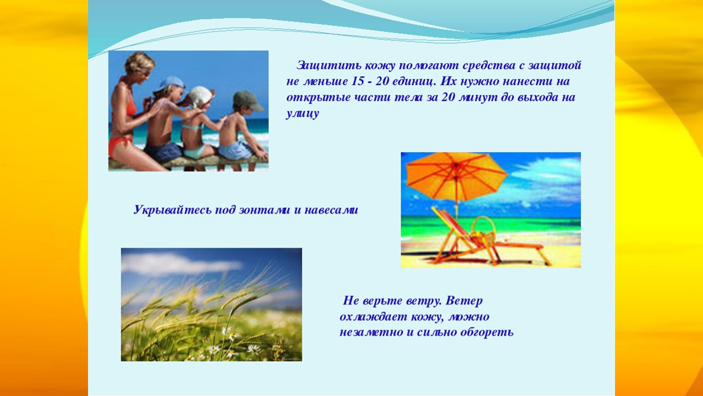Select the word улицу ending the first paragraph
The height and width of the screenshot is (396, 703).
[x=303, y=113]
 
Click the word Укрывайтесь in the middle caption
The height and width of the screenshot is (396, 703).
[x=172, y=209]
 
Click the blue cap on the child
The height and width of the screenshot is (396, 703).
[x=172, y=83]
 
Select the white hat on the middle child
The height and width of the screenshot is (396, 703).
[x=201, y=95]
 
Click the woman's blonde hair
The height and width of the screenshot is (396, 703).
[x=139, y=62]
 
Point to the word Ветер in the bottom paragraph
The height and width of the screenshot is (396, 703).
[x=464, y=301]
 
